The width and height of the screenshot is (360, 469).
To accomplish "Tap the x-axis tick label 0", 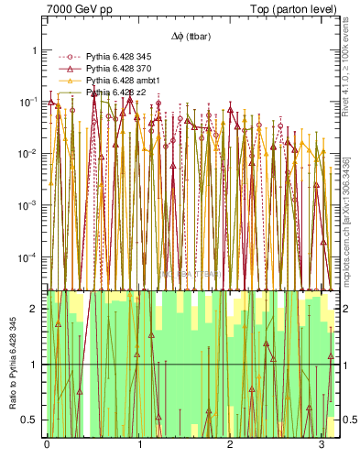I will [47, 446].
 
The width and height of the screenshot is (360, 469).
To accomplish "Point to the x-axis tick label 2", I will [230, 446].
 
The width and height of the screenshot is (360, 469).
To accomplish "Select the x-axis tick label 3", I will [322, 446].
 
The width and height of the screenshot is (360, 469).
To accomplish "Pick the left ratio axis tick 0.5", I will [32, 420].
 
